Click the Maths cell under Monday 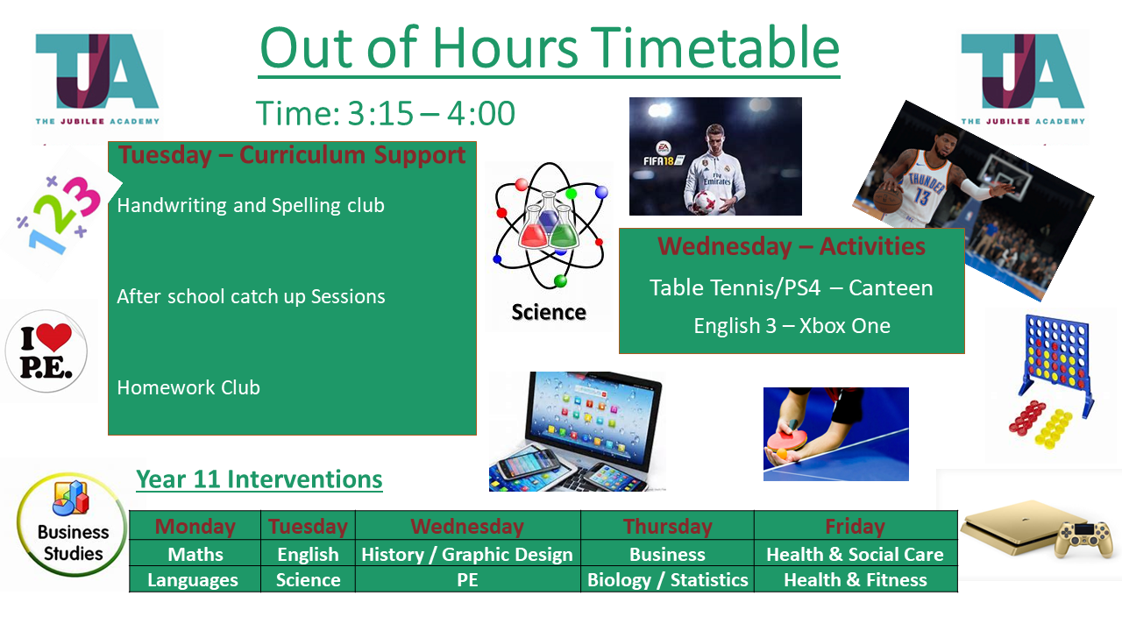click(x=195, y=554)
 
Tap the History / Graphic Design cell click(x=467, y=554)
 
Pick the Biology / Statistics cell click(x=667, y=579)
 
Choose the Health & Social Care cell click(x=855, y=554)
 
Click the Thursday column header click(x=667, y=526)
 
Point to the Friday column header click(x=855, y=526)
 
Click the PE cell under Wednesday click(x=467, y=579)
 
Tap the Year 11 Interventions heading click(x=259, y=479)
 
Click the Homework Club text click(x=188, y=387)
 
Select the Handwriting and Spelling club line click(x=251, y=206)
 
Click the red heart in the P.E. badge click(x=53, y=336)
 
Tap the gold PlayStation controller click(x=1082, y=538)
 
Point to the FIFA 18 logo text click(x=658, y=160)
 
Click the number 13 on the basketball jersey click(x=920, y=196)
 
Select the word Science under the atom click(x=549, y=312)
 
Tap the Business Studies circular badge click(x=72, y=524)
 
